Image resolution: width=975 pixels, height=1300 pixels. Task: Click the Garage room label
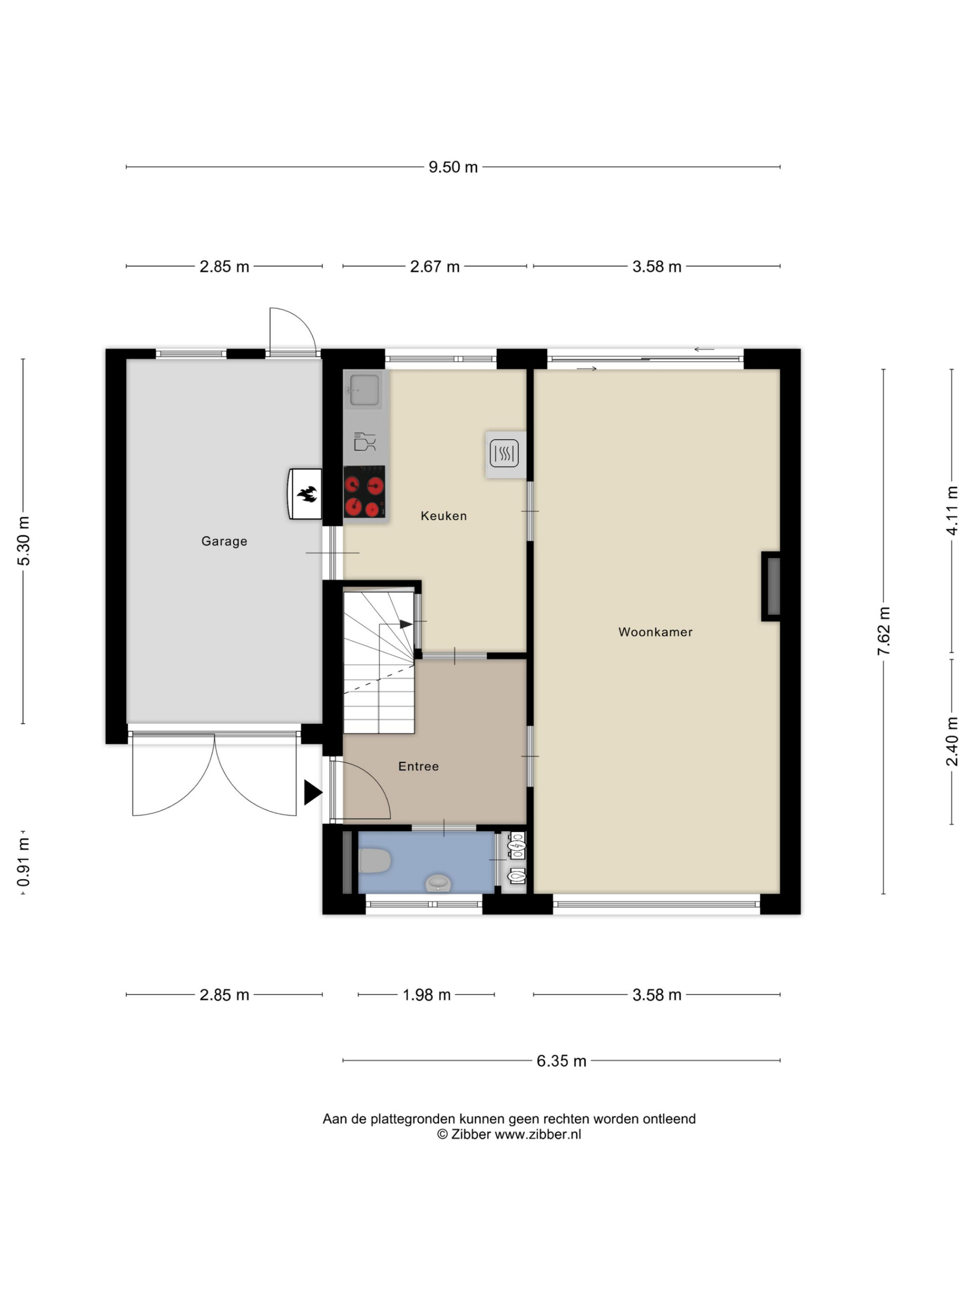(x=224, y=541)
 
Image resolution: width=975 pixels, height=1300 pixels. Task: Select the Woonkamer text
(x=655, y=632)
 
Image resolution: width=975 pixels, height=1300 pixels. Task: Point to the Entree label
(x=418, y=766)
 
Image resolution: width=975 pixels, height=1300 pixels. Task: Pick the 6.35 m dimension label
(x=561, y=1061)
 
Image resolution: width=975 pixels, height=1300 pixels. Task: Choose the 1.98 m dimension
(x=426, y=995)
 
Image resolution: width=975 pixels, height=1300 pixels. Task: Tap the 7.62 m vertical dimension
(x=883, y=631)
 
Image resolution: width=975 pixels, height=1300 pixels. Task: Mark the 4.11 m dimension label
(x=952, y=511)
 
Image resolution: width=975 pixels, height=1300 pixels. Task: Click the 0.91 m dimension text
(x=23, y=863)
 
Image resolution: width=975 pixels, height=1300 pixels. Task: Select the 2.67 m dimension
(x=434, y=267)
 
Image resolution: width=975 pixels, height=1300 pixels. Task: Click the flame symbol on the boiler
(x=307, y=494)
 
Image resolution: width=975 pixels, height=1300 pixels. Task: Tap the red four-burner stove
(x=364, y=491)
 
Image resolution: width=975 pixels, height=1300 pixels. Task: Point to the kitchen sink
(x=364, y=389)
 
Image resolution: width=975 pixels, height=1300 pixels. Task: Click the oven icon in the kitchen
(x=504, y=453)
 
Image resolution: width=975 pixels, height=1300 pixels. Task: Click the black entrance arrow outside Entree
(x=312, y=792)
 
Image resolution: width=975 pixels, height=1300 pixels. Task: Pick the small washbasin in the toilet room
(x=438, y=883)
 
